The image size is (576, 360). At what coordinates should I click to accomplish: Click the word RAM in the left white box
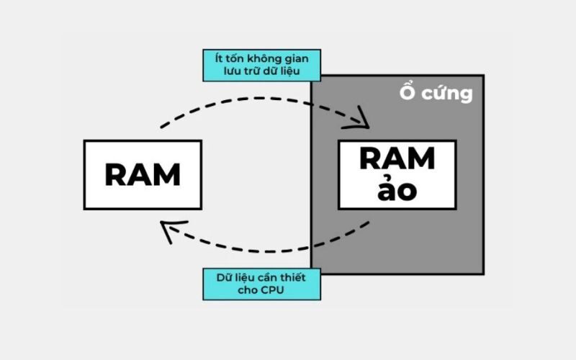(143, 175)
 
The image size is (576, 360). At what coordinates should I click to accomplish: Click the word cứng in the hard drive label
(449, 94)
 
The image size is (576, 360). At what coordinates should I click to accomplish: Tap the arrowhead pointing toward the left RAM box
(171, 230)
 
